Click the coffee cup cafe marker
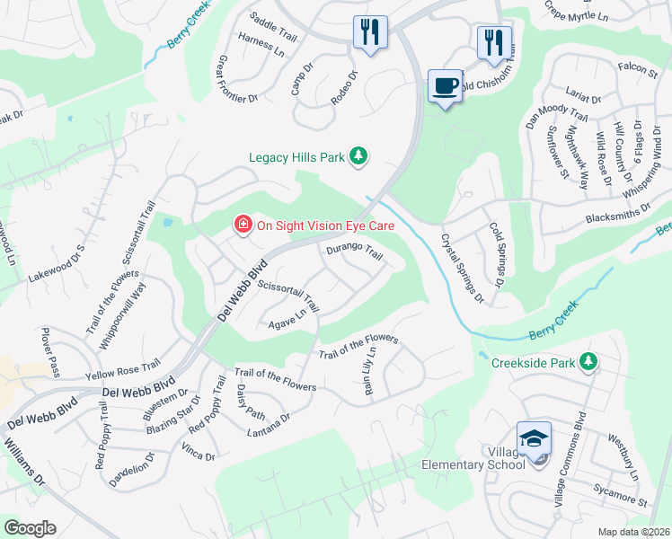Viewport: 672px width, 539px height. coord(445,86)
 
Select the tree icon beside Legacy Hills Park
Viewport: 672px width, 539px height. coord(358,157)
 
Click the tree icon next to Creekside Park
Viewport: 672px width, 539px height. coord(588,362)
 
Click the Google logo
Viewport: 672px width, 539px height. coord(30,528)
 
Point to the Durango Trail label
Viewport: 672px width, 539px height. coord(354,253)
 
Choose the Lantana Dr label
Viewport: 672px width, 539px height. coord(269,425)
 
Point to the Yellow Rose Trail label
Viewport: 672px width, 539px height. coord(121,368)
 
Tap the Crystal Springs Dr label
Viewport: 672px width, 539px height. coord(462,268)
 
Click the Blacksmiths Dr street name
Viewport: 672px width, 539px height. coord(617,208)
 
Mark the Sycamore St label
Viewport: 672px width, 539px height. coord(620,496)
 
